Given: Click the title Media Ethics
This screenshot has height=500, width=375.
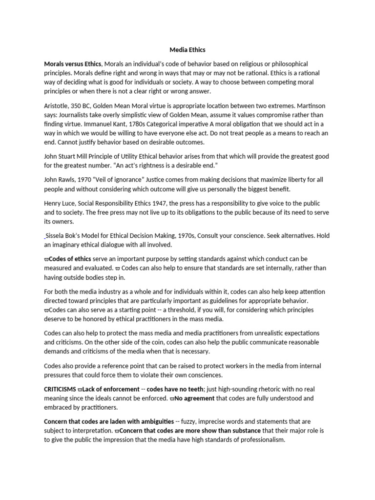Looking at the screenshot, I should tap(187, 49).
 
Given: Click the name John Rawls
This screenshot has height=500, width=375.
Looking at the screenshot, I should tap(61, 180).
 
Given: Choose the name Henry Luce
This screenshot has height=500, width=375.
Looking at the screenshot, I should tap(61, 203).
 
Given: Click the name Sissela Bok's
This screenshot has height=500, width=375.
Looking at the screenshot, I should tap(68, 235).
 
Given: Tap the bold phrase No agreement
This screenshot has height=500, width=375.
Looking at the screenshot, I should tap(194, 398).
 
